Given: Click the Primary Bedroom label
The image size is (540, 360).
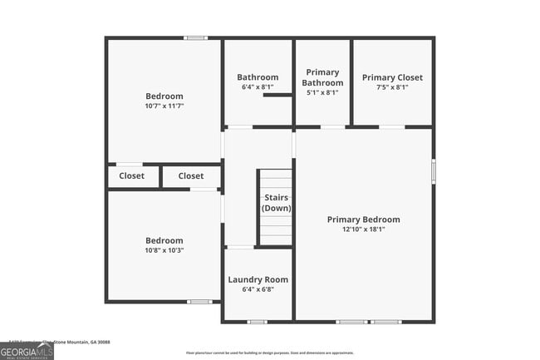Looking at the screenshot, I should pyautogui.click(x=363, y=219).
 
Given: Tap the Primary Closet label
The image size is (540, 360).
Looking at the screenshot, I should pyautogui.click(x=392, y=77).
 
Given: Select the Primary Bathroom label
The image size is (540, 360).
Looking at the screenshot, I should pyautogui.click(x=322, y=77).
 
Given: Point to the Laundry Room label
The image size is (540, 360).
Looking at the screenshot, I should pyautogui.click(x=258, y=279).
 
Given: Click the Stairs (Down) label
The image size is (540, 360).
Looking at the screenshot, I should pyautogui.click(x=276, y=203).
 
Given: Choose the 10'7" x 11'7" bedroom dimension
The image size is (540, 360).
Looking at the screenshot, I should pyautogui.click(x=164, y=106).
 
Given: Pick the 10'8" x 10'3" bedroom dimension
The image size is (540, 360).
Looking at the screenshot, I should pyautogui.click(x=164, y=250).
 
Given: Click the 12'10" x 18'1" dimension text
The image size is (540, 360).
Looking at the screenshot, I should pyautogui.click(x=363, y=230).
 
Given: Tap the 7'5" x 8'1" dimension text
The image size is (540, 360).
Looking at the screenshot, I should pyautogui.click(x=392, y=87).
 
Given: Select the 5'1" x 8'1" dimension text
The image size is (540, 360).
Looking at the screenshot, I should pyautogui.click(x=322, y=93).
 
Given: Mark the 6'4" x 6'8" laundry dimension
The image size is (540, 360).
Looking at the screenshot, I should pyautogui.click(x=258, y=289).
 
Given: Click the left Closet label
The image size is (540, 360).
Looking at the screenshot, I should pyautogui.click(x=131, y=176).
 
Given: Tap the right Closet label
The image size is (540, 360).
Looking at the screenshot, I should pyautogui.click(x=190, y=176).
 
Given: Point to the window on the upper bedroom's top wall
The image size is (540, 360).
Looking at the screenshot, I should pyautogui.click(x=195, y=37).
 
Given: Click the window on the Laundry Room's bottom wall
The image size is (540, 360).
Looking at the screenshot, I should pyautogui.click(x=258, y=322).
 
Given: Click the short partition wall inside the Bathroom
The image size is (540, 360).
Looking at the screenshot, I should pyautogui.click(x=277, y=95).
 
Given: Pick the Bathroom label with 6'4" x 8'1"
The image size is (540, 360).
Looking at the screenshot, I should pyautogui.click(x=258, y=77).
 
